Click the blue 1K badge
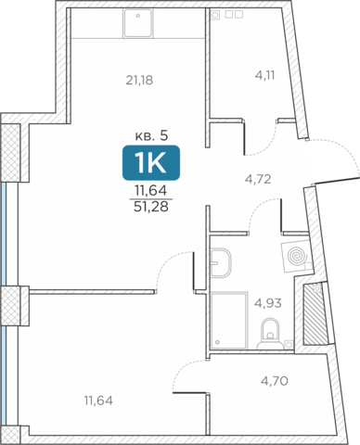151,162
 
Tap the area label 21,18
139,81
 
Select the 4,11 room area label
265,75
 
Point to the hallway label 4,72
258,179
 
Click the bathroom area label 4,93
268,303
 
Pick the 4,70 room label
275,381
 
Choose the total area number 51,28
151,207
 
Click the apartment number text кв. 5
151,135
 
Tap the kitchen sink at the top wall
138,23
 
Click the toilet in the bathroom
270,334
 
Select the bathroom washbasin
221,262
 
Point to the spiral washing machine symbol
296,256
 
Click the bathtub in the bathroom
229,320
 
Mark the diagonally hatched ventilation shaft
315,313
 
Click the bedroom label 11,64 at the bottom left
98,400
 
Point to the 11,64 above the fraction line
151,190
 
